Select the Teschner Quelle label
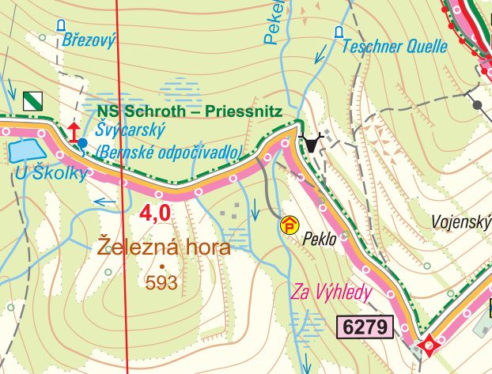click(x=394, y=47)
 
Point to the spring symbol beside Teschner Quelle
click(x=339, y=32)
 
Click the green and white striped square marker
click(x=33, y=100)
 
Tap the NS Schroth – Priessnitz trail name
click(x=190, y=111)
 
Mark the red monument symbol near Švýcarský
click(x=74, y=132)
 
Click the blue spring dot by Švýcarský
click(x=83, y=142)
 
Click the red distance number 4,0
click(x=155, y=213)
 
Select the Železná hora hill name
click(x=164, y=247)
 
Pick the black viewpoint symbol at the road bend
click(x=313, y=143)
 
